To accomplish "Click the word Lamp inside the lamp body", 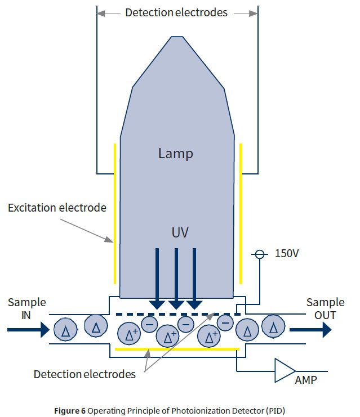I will (x=176, y=154).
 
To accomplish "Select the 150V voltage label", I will (x=287, y=254).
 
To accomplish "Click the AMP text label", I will (x=306, y=380).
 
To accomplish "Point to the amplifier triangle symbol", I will (x=284, y=369).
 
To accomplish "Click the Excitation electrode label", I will (x=57, y=208).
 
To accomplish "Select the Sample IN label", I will (x=26, y=308).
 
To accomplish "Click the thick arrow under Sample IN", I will (x=28, y=330).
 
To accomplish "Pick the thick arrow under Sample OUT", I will (x=310, y=330).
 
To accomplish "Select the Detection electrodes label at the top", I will (x=176, y=12).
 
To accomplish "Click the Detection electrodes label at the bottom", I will (x=85, y=374).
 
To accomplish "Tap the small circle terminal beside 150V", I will (x=260, y=254).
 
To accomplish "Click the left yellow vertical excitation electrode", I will (x=115, y=214).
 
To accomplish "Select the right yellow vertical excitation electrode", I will (x=241, y=214).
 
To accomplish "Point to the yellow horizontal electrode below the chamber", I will (x=177, y=349).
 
